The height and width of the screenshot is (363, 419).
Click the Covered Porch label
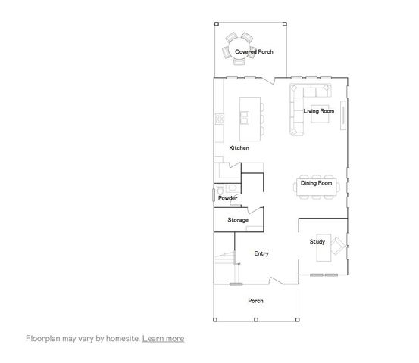point(253,51)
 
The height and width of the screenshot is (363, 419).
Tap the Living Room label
point(319,111)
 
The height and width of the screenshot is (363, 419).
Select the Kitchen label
point(239,148)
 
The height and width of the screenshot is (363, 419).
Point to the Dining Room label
point(317,183)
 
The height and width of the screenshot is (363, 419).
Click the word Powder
point(228,198)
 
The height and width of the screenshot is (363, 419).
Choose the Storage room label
point(238,220)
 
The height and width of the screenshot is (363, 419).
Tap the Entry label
point(261,253)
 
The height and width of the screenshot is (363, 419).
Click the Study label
point(317,242)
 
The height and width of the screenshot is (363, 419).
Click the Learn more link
point(163,338)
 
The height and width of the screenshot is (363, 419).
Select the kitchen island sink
point(245,117)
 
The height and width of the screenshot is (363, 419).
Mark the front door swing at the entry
point(275,281)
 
